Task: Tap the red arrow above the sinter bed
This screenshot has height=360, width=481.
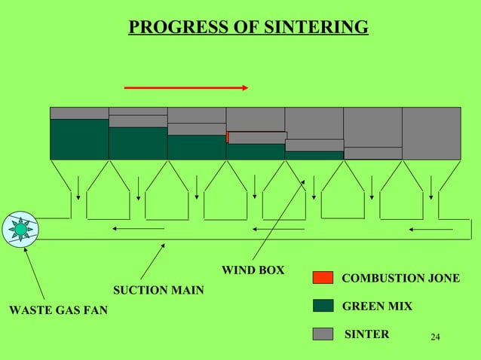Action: pyautogui.click(x=186, y=88)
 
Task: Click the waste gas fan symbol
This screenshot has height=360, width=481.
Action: pyautogui.click(x=20, y=229)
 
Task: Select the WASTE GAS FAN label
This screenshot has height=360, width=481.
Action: pyautogui.click(x=58, y=308)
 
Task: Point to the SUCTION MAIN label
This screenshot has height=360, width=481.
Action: pyautogui.click(x=158, y=290)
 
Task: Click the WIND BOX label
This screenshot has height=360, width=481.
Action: pyautogui.click(x=253, y=270)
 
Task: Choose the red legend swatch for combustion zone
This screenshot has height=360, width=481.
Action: pyautogui.click(x=323, y=277)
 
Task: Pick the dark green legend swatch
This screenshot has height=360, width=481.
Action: pyautogui.click(x=323, y=305)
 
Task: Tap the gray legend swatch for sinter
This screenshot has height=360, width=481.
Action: pyautogui.click(x=323, y=334)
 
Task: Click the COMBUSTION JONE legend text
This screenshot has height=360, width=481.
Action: pyautogui.click(x=400, y=278)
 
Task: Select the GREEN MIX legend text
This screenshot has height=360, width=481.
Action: pyautogui.click(x=377, y=307)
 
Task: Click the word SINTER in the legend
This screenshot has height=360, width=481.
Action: pyautogui.click(x=366, y=334)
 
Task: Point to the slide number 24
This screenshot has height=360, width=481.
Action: pyautogui.click(x=434, y=336)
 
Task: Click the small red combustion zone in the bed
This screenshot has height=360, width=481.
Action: pyautogui.click(x=228, y=137)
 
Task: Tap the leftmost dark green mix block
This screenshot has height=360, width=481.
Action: pyautogui.click(x=79, y=139)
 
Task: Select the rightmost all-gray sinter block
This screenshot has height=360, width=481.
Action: pyautogui.click(x=431, y=133)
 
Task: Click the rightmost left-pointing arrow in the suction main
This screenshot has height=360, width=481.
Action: pyautogui.click(x=431, y=229)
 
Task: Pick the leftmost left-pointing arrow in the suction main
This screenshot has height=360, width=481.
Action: pyautogui.click(x=138, y=228)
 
